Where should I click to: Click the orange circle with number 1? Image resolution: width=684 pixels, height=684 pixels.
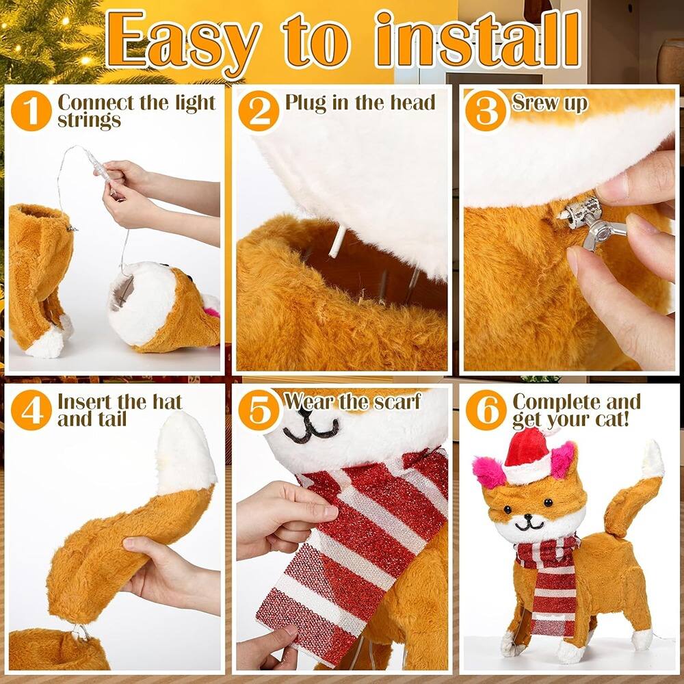(x=31, y=111)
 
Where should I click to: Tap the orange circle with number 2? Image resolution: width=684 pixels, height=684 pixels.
(x=259, y=111)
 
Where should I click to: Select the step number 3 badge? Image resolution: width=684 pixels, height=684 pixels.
(x=486, y=111)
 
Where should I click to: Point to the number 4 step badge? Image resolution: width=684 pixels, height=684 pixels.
(x=31, y=410)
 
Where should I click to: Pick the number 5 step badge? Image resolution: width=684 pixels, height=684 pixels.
(x=259, y=410)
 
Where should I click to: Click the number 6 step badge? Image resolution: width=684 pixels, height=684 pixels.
(x=486, y=410)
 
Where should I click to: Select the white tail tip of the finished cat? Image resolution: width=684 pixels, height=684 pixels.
(x=653, y=460)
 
